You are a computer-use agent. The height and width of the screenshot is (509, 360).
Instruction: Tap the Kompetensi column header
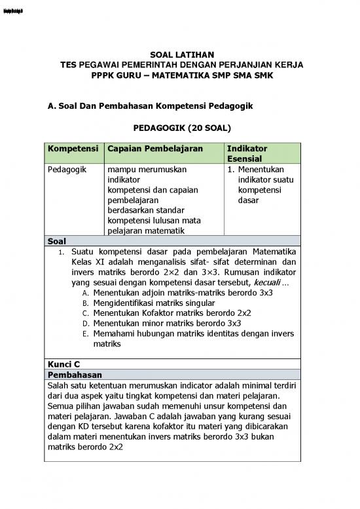72,149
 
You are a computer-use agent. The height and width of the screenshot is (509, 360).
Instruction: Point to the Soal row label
58,240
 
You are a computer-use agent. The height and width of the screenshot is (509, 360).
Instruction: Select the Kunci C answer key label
63,364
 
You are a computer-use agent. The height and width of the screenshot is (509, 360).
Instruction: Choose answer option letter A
85,293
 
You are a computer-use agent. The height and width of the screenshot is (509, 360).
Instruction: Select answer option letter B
85,303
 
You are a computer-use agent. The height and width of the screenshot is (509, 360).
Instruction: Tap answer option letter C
85,313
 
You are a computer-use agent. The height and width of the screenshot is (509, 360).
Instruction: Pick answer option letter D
85,324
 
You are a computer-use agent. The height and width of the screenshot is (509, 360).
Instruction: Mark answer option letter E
85,333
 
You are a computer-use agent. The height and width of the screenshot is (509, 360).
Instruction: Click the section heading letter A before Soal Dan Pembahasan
51,105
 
